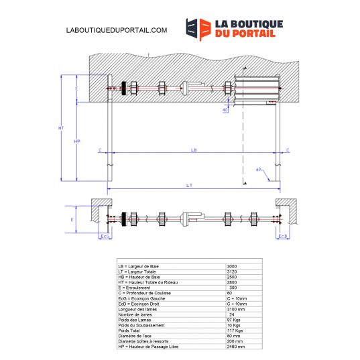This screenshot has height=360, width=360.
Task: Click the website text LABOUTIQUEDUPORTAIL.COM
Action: pyautogui.click(x=117, y=30)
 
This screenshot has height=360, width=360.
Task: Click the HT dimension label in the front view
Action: pyautogui.click(x=61, y=127)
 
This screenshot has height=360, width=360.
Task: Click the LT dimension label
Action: pyautogui.click(x=194, y=184)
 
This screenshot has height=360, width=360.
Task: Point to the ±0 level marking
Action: pyautogui.click(x=259, y=170)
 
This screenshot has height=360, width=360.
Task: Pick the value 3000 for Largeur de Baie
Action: pyautogui.click(x=233, y=266)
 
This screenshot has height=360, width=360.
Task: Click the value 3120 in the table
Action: pyautogui.click(x=233, y=272)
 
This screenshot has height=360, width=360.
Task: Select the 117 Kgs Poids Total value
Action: pyautogui.click(x=235, y=331)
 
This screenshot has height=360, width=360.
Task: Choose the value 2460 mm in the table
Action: pyautogui.click(x=236, y=347)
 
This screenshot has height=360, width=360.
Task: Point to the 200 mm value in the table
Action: pyautogui.click(x=234, y=341)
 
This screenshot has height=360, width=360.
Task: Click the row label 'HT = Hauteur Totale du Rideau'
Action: pyautogui.click(x=149, y=282)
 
